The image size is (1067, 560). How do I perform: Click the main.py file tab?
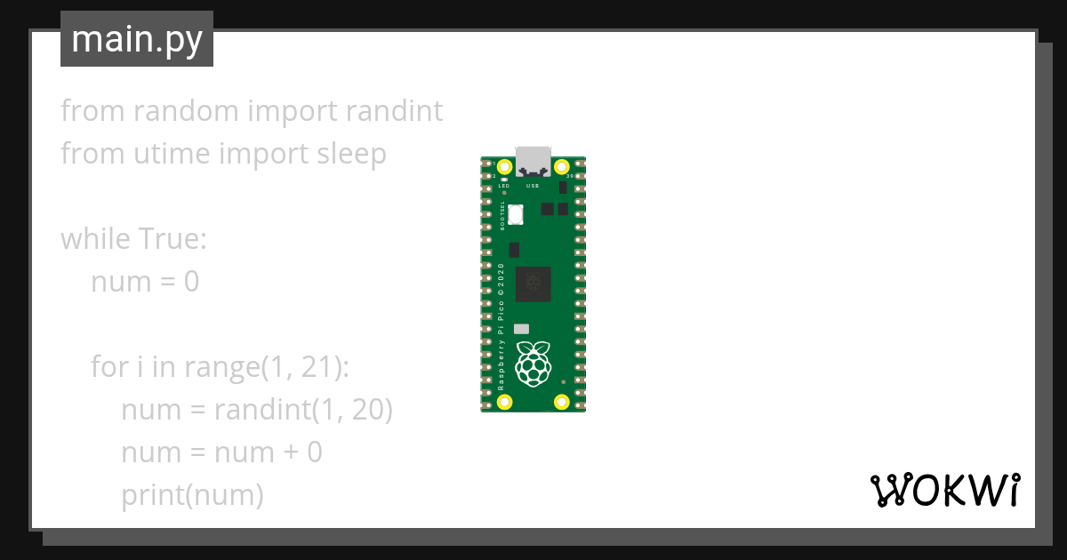click(137, 39)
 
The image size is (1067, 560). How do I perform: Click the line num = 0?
click(145, 282)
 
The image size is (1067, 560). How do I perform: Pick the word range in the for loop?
click(219, 367)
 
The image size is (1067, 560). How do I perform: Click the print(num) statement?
click(192, 495)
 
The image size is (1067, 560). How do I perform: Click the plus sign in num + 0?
click(290, 452)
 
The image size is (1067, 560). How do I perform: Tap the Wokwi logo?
click(944, 491)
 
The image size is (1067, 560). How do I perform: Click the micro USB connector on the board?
click(533, 160)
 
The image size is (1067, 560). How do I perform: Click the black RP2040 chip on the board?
click(533, 283)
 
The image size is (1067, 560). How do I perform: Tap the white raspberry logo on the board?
click(533, 363)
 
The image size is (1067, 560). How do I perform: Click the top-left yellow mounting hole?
click(505, 167)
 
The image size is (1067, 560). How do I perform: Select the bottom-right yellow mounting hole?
click(561, 402)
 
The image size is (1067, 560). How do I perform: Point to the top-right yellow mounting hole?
click(561, 167)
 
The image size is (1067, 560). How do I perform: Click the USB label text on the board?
click(533, 186)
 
